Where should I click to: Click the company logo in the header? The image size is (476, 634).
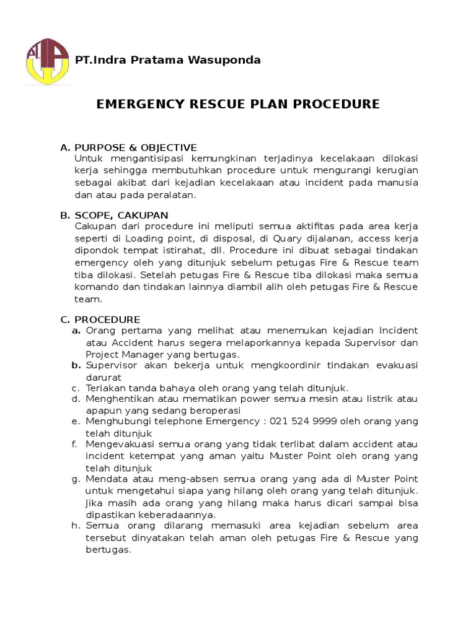[46, 61]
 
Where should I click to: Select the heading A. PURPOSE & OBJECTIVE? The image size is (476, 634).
[128, 147]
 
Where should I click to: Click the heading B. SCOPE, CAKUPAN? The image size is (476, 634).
[114, 215]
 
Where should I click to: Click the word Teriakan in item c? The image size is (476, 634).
[105, 388]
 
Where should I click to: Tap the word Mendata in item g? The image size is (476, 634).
[106, 479]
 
